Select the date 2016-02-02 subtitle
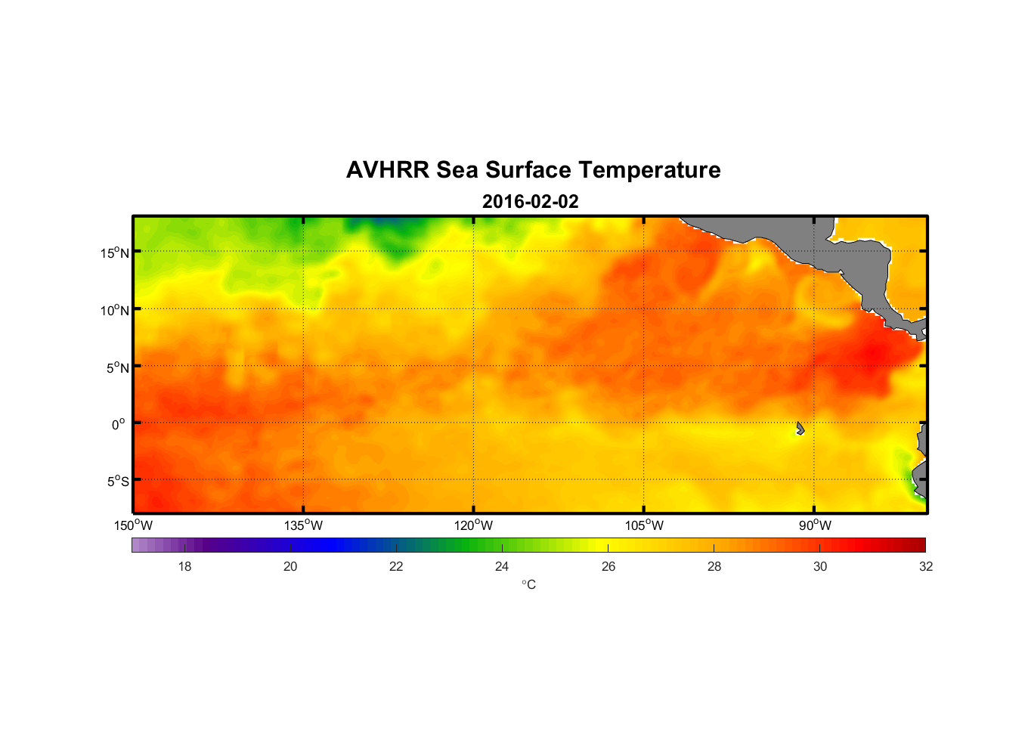click(530, 202)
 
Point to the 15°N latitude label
click(115, 253)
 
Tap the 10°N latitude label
click(115, 310)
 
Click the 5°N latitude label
click(117, 367)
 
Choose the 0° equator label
click(119, 424)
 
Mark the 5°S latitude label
click(117, 482)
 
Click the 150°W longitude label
click(134, 525)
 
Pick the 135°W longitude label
click(304, 525)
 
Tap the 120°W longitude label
click(474, 525)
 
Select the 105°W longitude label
click(644, 525)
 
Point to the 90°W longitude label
click(815, 525)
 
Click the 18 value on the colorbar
click(184, 566)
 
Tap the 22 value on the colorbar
click(396, 566)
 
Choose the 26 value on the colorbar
click(608, 566)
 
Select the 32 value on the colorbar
click(926, 566)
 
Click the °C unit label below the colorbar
click(528, 584)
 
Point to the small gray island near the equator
click(800, 429)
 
